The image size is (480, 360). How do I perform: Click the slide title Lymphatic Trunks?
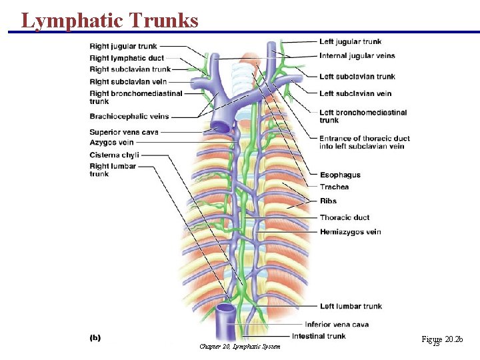110,20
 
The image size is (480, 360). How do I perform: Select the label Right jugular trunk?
123,46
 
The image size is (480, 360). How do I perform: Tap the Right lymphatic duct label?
127,58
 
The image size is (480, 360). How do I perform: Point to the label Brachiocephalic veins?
129,117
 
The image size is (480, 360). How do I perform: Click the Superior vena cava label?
124,132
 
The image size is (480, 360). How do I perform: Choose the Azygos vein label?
111,143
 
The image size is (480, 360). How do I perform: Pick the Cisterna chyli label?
114,155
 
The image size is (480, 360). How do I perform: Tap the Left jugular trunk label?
350,41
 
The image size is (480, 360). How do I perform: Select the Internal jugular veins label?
357,56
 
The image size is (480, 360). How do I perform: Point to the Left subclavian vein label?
355,93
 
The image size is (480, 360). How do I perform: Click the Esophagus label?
340,175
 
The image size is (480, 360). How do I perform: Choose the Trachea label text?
334,187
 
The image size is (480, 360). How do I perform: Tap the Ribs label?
328,201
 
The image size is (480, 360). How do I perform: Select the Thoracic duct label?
344,217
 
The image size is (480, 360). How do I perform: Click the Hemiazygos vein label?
350,232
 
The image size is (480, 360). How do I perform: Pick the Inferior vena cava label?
344,325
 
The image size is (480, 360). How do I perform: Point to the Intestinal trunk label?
319,336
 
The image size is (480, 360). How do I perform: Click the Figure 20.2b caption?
441,340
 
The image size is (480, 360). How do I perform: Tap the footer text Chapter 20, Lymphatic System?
240,347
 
